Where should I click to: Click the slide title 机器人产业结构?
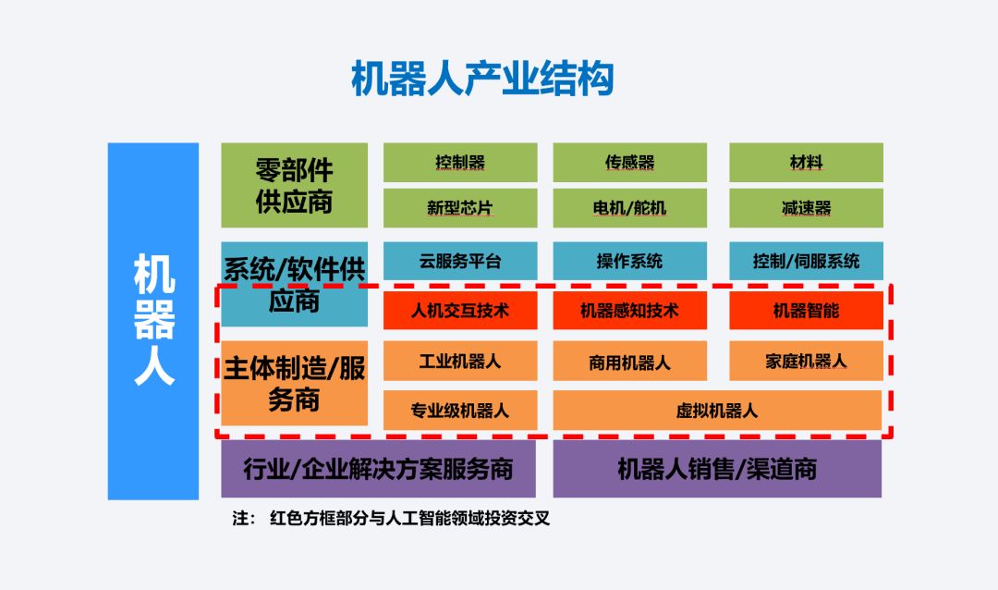pos(482,80)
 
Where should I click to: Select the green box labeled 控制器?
pos(460,163)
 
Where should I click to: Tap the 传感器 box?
pos(629,163)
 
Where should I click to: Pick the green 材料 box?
pos(806,163)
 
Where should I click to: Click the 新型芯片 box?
pos(460,208)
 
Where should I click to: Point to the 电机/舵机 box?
pos(629,208)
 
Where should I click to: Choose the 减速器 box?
pos(806,208)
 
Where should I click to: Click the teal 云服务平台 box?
pos(460,261)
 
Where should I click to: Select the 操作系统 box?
pos(629,261)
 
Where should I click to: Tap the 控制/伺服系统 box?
pos(806,261)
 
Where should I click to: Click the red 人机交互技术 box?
pos(460,311)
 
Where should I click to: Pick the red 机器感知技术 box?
pos(629,311)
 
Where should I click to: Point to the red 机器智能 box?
pos(806,311)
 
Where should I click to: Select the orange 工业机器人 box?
pos(460,361)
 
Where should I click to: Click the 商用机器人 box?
pos(629,361)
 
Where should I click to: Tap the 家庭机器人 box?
pos(806,361)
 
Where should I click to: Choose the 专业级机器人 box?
pos(460,410)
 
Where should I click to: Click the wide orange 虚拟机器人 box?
pos(717,410)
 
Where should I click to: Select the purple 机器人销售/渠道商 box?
pos(717,469)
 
